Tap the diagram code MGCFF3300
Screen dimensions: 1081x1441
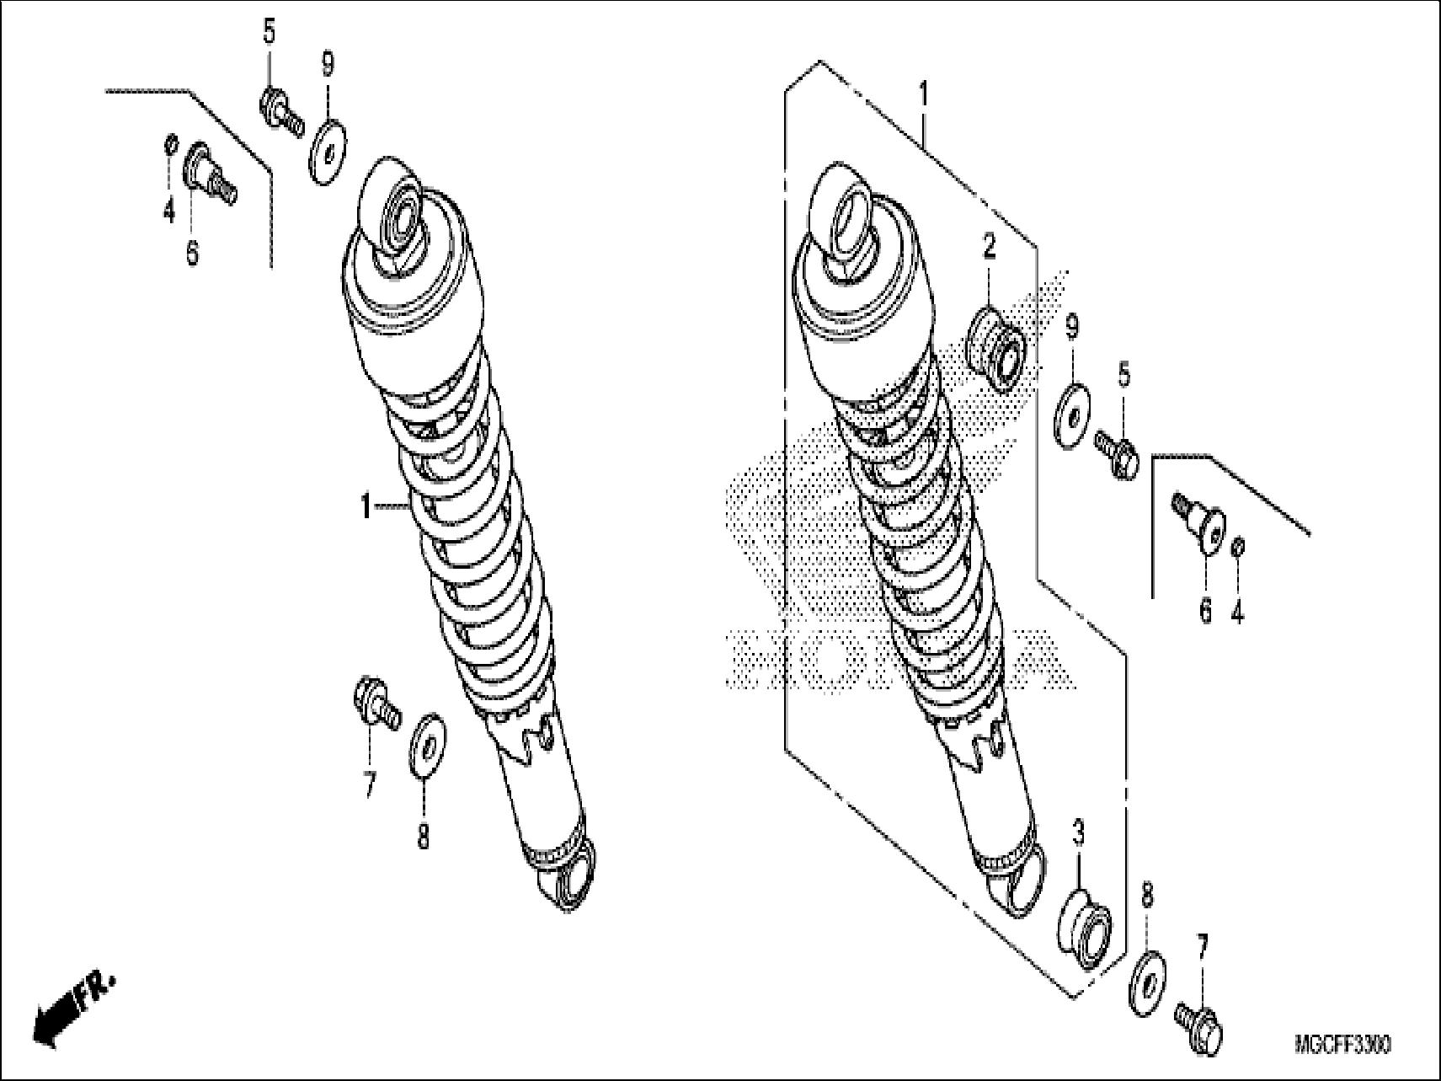[x=1342, y=1046]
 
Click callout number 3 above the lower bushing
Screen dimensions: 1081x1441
[x=1078, y=833]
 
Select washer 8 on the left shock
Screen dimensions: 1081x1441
[x=428, y=747]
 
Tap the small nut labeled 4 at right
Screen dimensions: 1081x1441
[x=1238, y=547]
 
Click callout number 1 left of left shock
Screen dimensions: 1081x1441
[x=365, y=507]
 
